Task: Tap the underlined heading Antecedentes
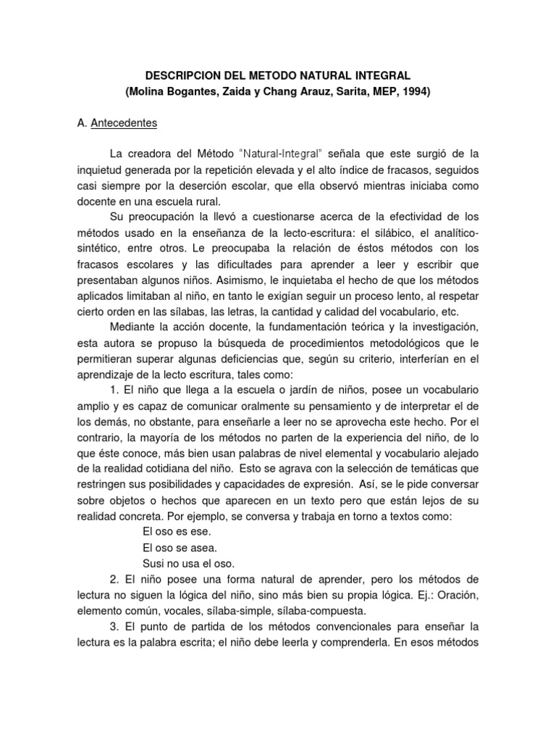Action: click(124, 123)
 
